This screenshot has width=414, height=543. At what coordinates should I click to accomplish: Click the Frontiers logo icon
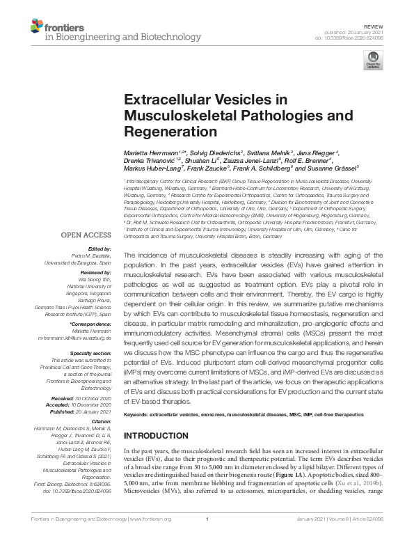[x=36, y=26]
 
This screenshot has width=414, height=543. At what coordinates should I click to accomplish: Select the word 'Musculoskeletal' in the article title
[x=173, y=114]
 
